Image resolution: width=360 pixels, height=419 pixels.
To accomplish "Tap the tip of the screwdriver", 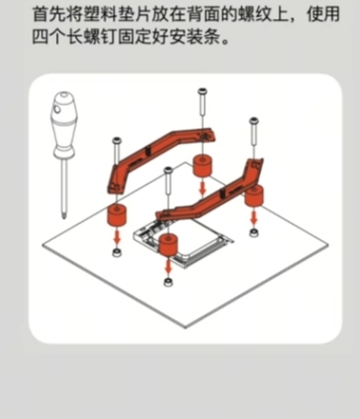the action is (x=65, y=218).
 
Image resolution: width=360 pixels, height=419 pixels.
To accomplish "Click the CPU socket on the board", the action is (x=184, y=241).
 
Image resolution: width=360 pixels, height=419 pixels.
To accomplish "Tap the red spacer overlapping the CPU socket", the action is (x=169, y=245).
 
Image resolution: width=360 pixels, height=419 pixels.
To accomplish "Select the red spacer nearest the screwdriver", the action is (x=117, y=215).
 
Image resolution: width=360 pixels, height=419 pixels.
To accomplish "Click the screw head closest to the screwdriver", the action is (x=117, y=140).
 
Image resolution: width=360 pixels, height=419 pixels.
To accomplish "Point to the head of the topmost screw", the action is (x=203, y=91).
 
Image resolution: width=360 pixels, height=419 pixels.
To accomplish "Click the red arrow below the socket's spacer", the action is (x=169, y=264).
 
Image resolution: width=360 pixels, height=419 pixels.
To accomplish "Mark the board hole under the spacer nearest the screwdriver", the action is (x=117, y=252).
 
